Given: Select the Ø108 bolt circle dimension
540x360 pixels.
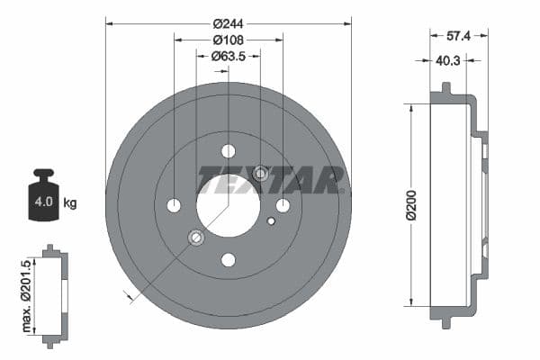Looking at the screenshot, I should click(x=228, y=40).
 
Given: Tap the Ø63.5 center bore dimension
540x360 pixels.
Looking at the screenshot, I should click(x=229, y=57).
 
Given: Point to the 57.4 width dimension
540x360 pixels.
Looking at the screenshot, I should click(x=458, y=35).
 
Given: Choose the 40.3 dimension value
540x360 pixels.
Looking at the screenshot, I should click(x=448, y=61).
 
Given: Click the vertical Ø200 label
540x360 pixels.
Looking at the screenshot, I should click(x=411, y=206).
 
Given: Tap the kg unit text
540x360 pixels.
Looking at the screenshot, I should click(x=70, y=202).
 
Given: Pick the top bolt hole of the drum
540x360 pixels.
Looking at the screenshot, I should click(x=228, y=151).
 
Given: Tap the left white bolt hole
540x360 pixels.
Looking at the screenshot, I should click(x=174, y=206).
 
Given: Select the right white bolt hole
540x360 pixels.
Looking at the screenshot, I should click(x=283, y=206).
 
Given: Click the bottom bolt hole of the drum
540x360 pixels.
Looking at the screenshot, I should click(x=228, y=260).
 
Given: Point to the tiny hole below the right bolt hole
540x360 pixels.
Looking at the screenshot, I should click(x=271, y=220).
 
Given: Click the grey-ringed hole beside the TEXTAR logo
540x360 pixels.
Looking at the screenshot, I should click(x=261, y=173).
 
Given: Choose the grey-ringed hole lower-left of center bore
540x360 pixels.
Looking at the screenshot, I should click(x=195, y=238).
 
